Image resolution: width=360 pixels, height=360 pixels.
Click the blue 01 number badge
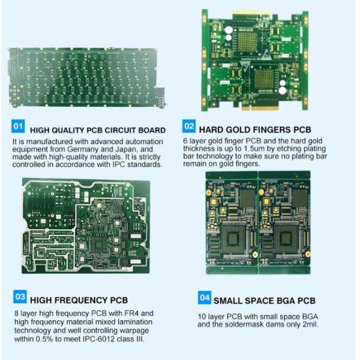[18, 126]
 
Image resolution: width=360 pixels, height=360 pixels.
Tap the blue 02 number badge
[189, 126]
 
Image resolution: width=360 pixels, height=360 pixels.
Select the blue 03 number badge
[20, 296]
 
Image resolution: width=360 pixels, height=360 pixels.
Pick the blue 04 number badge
[205, 298]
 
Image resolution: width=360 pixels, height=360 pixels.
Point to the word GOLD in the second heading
[235, 130]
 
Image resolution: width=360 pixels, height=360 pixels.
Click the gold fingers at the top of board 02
[251, 12]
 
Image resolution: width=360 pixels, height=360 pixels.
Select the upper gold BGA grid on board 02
[247, 41]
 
